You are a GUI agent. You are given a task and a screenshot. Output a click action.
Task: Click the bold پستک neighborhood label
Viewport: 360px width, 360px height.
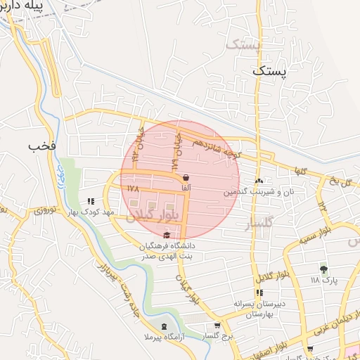271,71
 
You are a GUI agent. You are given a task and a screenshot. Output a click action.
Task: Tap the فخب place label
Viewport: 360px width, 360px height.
41,146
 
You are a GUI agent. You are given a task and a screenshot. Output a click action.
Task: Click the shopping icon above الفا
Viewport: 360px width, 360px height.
186,178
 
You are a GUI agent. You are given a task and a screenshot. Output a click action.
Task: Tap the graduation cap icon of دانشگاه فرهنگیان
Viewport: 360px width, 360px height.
167,236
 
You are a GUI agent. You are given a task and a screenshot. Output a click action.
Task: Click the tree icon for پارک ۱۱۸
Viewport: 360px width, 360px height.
323,269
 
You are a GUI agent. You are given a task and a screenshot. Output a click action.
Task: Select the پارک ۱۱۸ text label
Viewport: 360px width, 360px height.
325,280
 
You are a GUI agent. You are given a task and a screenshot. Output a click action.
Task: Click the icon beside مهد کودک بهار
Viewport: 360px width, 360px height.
90,201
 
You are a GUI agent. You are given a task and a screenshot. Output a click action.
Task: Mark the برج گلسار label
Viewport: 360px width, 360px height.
217,337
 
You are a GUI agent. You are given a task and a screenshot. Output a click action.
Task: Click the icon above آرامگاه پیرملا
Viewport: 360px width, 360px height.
165,326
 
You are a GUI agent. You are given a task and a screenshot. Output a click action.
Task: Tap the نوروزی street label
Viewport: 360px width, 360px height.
46,210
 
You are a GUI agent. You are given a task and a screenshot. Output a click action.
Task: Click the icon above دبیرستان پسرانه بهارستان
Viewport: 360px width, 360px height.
259,292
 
